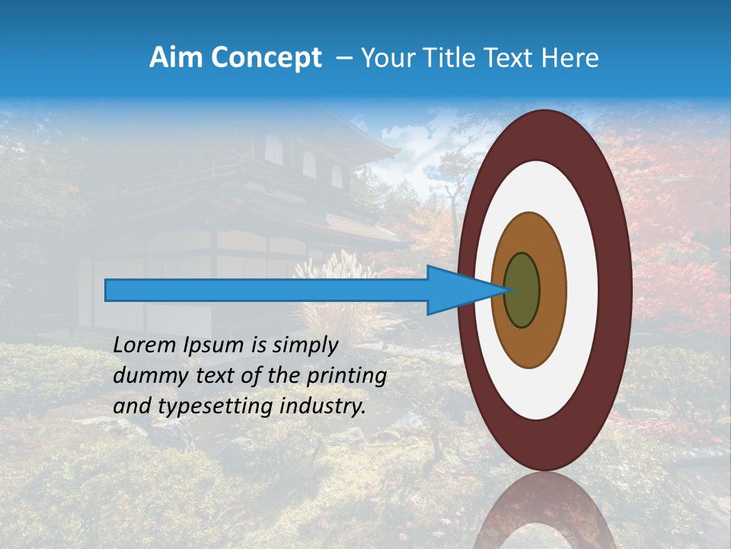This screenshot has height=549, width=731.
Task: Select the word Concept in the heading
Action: (266, 58)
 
